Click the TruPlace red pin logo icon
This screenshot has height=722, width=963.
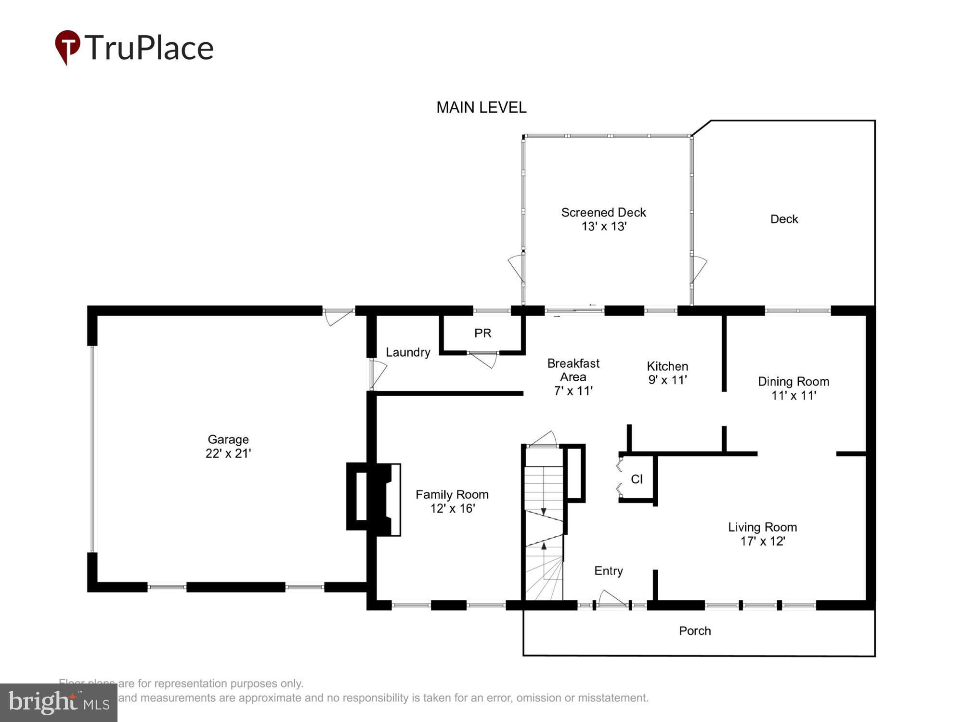pos(67,46)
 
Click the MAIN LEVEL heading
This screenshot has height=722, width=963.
pos(481,107)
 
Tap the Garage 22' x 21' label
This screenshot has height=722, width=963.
pos(228,446)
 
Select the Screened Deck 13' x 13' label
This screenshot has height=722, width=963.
pos(603,219)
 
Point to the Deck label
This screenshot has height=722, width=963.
pos(784,219)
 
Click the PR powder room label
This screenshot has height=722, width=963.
pos(482,333)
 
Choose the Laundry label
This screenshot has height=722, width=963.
pos(408,352)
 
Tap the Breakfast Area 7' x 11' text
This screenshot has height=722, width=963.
pos(573,377)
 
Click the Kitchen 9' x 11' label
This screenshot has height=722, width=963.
pos(667,373)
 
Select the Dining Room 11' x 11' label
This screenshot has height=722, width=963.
pos(794,388)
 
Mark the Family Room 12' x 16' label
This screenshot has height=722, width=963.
pos(452,502)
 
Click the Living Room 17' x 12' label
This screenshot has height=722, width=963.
pos(762,534)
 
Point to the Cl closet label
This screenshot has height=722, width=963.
pos(637,479)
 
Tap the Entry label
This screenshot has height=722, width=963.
pos(609,571)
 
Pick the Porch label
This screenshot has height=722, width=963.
pos(695,631)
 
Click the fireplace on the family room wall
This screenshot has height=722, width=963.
pos(374,497)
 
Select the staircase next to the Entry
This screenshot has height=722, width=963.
pos(544,525)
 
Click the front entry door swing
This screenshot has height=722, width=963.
pos(612,598)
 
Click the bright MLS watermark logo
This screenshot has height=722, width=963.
pos(59,703)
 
